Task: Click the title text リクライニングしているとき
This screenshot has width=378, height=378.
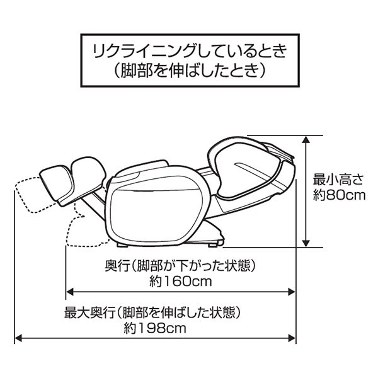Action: pyautogui.click(x=190, y=51)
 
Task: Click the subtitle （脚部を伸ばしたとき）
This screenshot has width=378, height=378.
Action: pyautogui.click(x=190, y=71)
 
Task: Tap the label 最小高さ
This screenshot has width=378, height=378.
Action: pyautogui.click(x=338, y=180)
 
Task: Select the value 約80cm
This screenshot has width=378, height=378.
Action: pyautogui.click(x=339, y=195)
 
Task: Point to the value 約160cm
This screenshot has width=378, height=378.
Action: pyautogui.click(x=180, y=281)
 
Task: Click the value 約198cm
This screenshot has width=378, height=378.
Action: pyautogui.click(x=155, y=328)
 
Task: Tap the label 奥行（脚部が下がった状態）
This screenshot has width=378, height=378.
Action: pyautogui.click(x=180, y=266)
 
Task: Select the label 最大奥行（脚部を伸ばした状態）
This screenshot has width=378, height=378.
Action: pyautogui.click(x=152, y=312)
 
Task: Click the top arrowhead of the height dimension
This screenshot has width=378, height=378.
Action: pyautogui.click(x=306, y=139)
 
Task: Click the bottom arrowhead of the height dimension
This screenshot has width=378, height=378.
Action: pyautogui.click(x=306, y=243)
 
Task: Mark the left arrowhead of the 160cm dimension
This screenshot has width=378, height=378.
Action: pyautogui.click(x=70, y=292)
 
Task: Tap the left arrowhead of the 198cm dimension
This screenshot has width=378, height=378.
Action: pyautogui.click(x=19, y=338)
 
